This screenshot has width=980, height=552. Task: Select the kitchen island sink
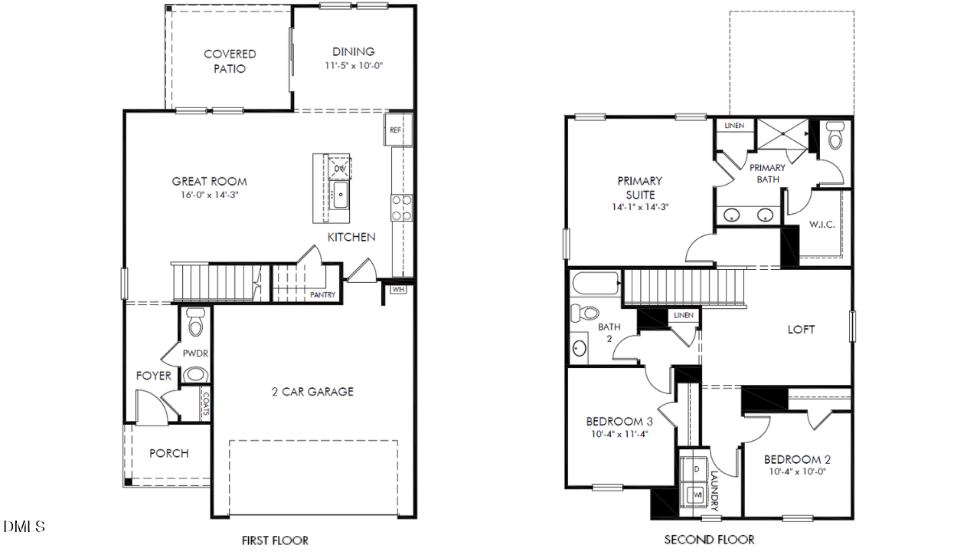click(341, 195)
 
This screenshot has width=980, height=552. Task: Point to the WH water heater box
click(398, 289)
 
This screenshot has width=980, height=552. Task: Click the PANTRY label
click(322, 294)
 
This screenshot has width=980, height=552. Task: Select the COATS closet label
click(205, 404)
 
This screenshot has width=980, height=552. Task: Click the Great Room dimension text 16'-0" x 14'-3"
click(209, 195)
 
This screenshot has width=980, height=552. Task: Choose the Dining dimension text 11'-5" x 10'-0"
click(353, 66)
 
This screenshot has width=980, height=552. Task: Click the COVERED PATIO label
click(230, 61)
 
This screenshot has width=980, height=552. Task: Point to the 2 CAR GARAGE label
click(312, 392)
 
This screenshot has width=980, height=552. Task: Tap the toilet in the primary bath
click(835, 136)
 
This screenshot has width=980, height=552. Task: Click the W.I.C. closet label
click(822, 225)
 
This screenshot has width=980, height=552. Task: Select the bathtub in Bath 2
click(596, 285)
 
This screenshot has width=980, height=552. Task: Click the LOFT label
click(801, 330)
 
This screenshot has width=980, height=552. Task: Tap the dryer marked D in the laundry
click(696, 468)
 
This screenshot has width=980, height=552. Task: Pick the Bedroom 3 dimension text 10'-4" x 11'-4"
click(620, 434)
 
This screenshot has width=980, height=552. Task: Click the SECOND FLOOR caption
click(709, 540)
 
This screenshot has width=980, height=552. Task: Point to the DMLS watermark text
click(24, 527)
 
